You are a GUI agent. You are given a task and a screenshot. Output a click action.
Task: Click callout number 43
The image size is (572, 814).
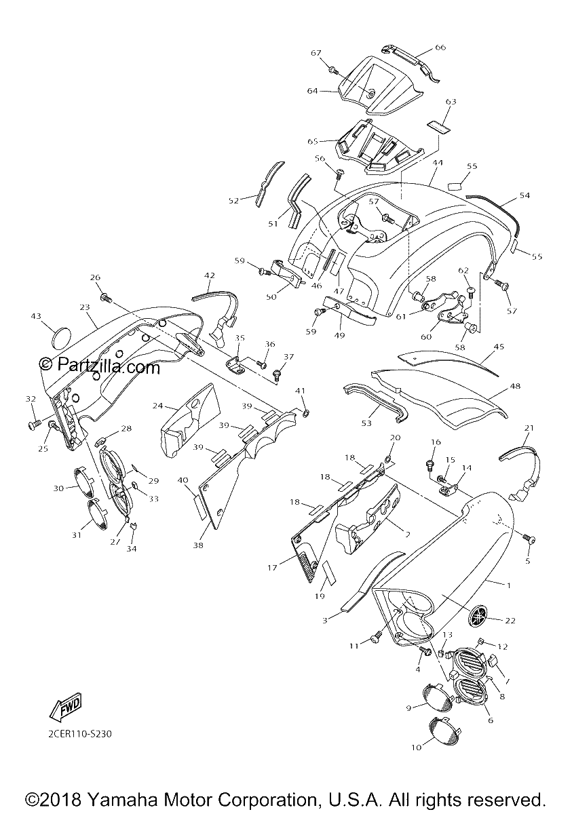click(x=36, y=316)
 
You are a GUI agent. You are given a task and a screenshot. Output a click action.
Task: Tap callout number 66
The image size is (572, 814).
click(x=440, y=47)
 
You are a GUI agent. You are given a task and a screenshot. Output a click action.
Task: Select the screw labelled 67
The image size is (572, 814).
click(x=332, y=69)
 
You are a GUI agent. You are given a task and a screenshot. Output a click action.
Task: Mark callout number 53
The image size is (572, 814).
click(x=366, y=423)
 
